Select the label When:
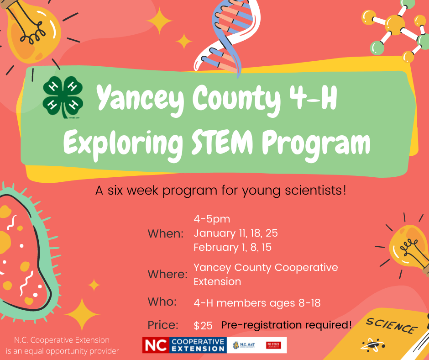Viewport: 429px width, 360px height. (165, 234)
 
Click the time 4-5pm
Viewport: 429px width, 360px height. (212, 220)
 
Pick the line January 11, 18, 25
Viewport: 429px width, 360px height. (235, 233)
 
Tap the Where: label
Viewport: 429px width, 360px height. (167, 275)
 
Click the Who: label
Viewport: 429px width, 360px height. (162, 302)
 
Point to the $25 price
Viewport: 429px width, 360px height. (203, 326)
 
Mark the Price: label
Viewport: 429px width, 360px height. (163, 326)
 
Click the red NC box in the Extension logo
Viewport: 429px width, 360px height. (155, 345)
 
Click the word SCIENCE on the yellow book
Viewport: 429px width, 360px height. (391, 326)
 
